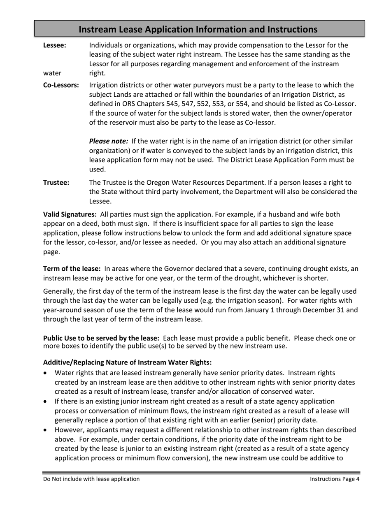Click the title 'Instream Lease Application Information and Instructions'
click(198, 30)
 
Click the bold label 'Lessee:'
click(54, 45)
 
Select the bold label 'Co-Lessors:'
click(61, 85)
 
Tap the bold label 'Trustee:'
click(56, 182)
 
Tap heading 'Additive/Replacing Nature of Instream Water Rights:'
click(127, 362)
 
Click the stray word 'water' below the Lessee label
click(52, 73)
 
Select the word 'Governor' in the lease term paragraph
click(177, 269)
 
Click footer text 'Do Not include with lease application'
click(91, 479)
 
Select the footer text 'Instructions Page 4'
click(335, 479)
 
